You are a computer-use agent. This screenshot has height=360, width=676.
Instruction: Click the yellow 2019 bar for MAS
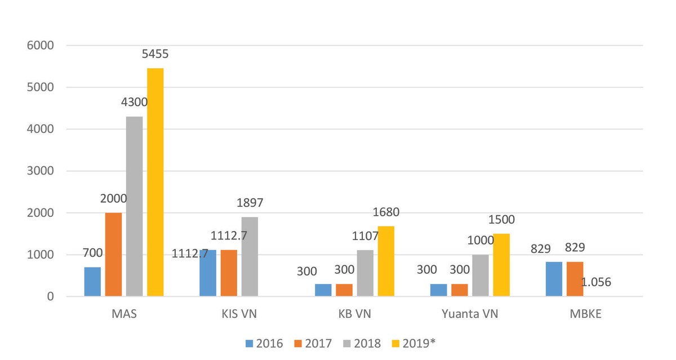click(x=155, y=182)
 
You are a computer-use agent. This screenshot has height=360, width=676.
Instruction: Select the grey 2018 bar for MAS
click(x=134, y=206)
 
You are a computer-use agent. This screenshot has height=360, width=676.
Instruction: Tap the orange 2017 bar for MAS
click(x=113, y=255)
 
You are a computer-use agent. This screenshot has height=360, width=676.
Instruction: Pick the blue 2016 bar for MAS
click(x=92, y=282)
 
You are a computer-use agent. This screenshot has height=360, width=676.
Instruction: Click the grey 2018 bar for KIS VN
click(x=250, y=256)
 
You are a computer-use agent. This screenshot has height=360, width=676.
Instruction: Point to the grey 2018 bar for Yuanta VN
click(x=481, y=275)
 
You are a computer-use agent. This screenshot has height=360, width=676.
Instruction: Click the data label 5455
click(x=155, y=55)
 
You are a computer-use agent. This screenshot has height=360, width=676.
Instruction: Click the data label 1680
click(x=386, y=212)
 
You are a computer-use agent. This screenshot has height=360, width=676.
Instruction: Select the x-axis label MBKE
click(x=586, y=314)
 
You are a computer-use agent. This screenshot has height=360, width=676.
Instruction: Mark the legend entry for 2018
click(x=362, y=343)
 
